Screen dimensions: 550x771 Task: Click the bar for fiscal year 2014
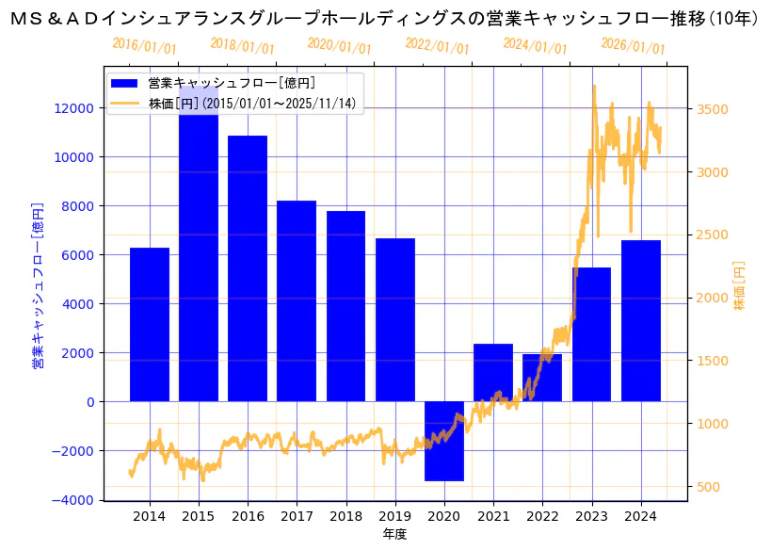click(x=150, y=325)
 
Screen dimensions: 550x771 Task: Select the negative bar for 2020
click(x=444, y=441)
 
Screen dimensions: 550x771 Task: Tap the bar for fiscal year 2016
click(x=248, y=268)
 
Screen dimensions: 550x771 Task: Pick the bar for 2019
click(x=395, y=320)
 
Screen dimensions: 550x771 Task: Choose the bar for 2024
click(x=641, y=320)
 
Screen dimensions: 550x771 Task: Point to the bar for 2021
click(x=493, y=372)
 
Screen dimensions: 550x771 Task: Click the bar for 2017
click(x=297, y=301)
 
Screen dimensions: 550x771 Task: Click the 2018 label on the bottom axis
click(x=345, y=516)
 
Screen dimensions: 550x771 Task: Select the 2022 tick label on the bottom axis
click(x=542, y=516)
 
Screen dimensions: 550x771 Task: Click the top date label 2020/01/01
click(x=340, y=45)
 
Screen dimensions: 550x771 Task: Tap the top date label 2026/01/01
click(x=633, y=45)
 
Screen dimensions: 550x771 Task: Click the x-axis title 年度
click(x=394, y=535)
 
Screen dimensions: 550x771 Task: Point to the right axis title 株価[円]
click(x=739, y=284)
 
